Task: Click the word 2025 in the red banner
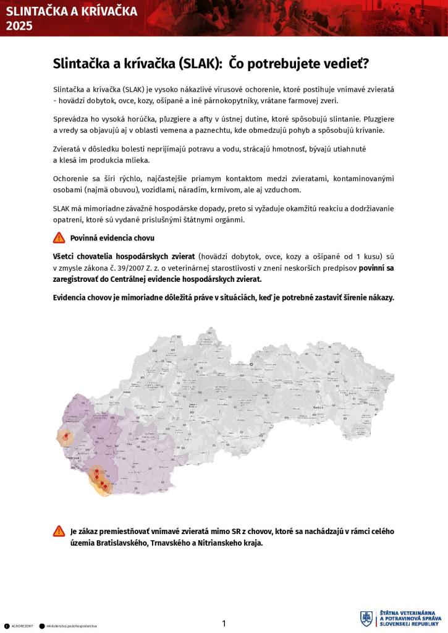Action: tap(19, 25)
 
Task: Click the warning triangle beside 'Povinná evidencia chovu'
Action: tap(59, 237)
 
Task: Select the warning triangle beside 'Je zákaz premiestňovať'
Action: tap(59, 531)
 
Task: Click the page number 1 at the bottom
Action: tap(224, 623)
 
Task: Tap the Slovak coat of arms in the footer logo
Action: tap(366, 619)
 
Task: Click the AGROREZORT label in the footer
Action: tap(22, 626)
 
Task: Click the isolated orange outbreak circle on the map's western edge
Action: tap(65, 438)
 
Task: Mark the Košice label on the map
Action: tap(319, 408)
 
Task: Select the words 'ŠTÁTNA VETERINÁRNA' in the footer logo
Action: tap(410, 612)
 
